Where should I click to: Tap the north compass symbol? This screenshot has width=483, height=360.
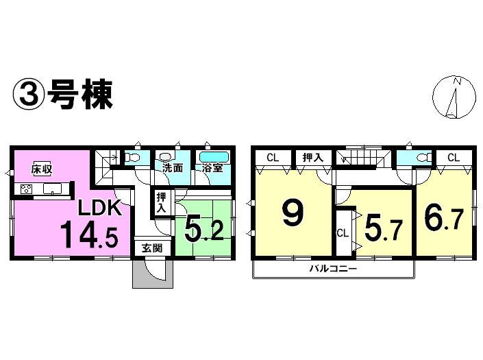(x=454, y=97)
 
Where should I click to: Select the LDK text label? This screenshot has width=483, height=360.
(x=98, y=208)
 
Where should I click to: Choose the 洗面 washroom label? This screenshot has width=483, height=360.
(x=172, y=167)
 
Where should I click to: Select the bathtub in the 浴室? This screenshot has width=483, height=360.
(x=214, y=156)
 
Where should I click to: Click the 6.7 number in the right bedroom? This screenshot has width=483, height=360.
(x=444, y=219)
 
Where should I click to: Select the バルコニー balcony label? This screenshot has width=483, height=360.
(x=332, y=269)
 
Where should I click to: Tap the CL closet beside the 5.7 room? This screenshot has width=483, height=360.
(x=342, y=232)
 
